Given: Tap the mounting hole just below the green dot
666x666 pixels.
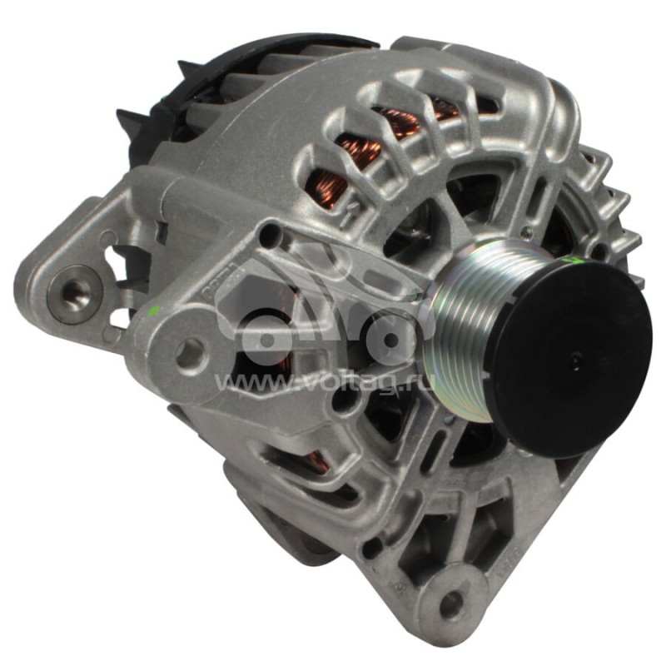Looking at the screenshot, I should coord(190,353).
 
